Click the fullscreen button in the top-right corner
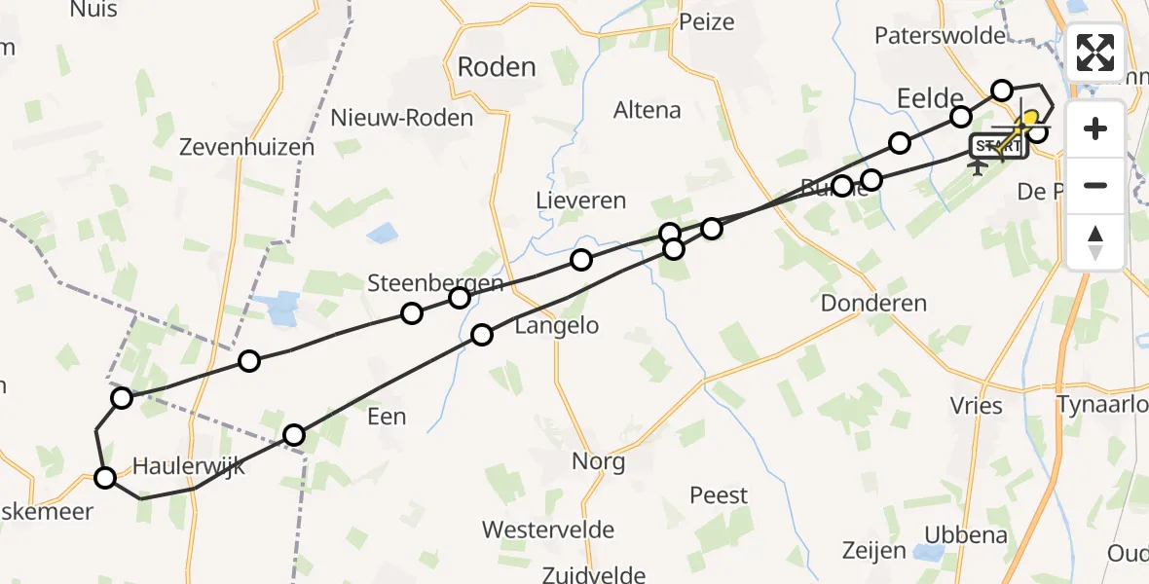click(x=1095, y=53)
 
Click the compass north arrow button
click(x=1095, y=242)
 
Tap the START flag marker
click(x=998, y=147)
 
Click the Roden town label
click(x=497, y=67)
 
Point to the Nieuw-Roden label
click(x=402, y=118)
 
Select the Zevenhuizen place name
click(x=247, y=148)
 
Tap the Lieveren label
click(x=580, y=201)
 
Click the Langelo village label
click(x=556, y=325)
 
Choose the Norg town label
click(x=598, y=460)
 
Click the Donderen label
click(x=873, y=303)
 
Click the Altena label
click(x=647, y=110)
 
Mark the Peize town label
click(x=706, y=21)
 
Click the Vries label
click(x=977, y=406)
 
